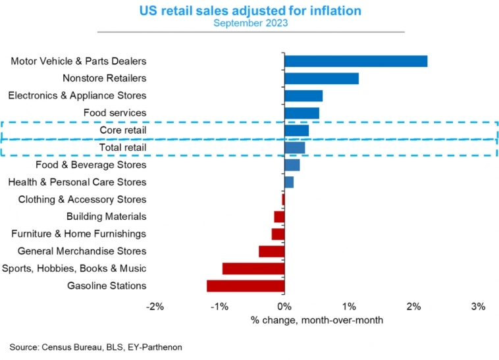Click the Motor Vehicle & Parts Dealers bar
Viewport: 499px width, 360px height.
[355, 61]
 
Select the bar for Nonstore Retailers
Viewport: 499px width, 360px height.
[321, 78]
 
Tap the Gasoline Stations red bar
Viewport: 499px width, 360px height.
[246, 286]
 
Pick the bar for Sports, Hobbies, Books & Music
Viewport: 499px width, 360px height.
[253, 269]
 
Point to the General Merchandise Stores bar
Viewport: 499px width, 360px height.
[271, 251]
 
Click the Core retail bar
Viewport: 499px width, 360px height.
[296, 130]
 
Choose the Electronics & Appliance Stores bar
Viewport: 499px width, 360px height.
[303, 95]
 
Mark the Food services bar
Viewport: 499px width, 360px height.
[302, 113]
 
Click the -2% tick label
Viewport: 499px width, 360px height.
[155, 306]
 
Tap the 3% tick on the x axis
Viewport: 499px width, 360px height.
[478, 306]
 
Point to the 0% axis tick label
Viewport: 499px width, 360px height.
[284, 306]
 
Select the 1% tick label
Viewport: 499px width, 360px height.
[349, 306]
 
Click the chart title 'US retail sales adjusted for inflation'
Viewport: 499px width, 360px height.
[250, 11]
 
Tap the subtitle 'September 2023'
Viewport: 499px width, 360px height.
[250, 23]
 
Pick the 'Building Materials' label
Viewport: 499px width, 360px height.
[106, 217]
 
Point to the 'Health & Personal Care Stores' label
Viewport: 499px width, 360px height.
[77, 182]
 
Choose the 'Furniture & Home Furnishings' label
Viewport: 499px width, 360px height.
[78, 234]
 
